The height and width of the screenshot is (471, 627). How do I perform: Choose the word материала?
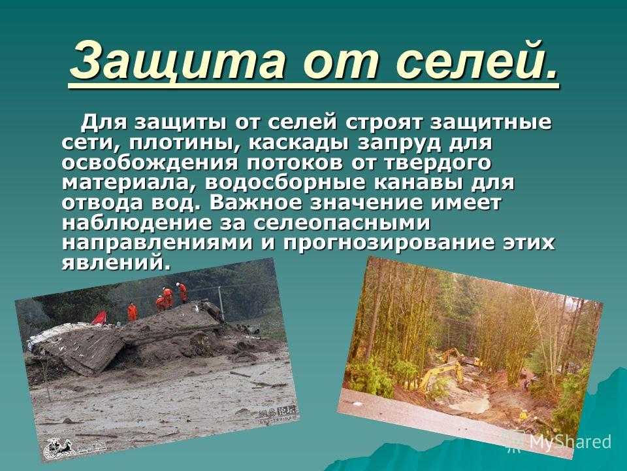[129, 183]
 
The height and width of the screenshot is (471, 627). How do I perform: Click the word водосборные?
[285, 183]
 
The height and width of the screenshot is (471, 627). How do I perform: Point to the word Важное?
[256, 203]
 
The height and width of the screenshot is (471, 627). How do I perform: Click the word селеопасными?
[342, 223]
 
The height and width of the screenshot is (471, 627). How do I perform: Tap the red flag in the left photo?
[99, 317]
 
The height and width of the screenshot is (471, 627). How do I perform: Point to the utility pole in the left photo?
[220, 303]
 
